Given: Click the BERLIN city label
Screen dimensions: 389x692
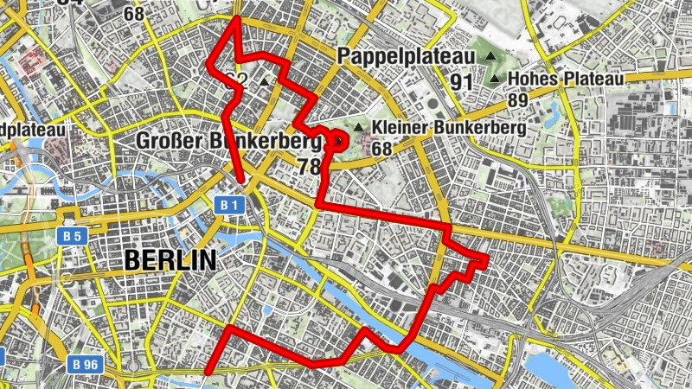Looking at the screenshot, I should (x=170, y=259).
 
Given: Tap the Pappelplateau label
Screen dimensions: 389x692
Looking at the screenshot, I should (x=407, y=57).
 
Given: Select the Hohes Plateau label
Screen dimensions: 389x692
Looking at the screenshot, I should (x=567, y=79).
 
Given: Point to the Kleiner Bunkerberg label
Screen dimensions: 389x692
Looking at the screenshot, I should (x=448, y=127).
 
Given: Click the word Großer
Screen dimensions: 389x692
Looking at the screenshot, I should (x=169, y=141).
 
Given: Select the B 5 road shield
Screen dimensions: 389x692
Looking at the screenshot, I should (x=73, y=234).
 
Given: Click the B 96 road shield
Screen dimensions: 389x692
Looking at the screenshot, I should (x=87, y=364).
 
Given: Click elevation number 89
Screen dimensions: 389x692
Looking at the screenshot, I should (x=518, y=99).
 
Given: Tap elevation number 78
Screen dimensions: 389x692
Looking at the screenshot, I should (x=309, y=167).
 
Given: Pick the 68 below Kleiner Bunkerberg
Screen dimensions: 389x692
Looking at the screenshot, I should (x=383, y=149).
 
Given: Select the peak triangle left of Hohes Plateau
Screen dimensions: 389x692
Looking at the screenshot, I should (x=495, y=80).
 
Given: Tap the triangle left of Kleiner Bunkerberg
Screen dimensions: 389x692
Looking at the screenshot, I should (x=357, y=128).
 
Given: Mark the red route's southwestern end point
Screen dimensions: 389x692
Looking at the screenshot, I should (x=208, y=373).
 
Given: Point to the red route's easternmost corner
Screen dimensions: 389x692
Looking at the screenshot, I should (x=488, y=258).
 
